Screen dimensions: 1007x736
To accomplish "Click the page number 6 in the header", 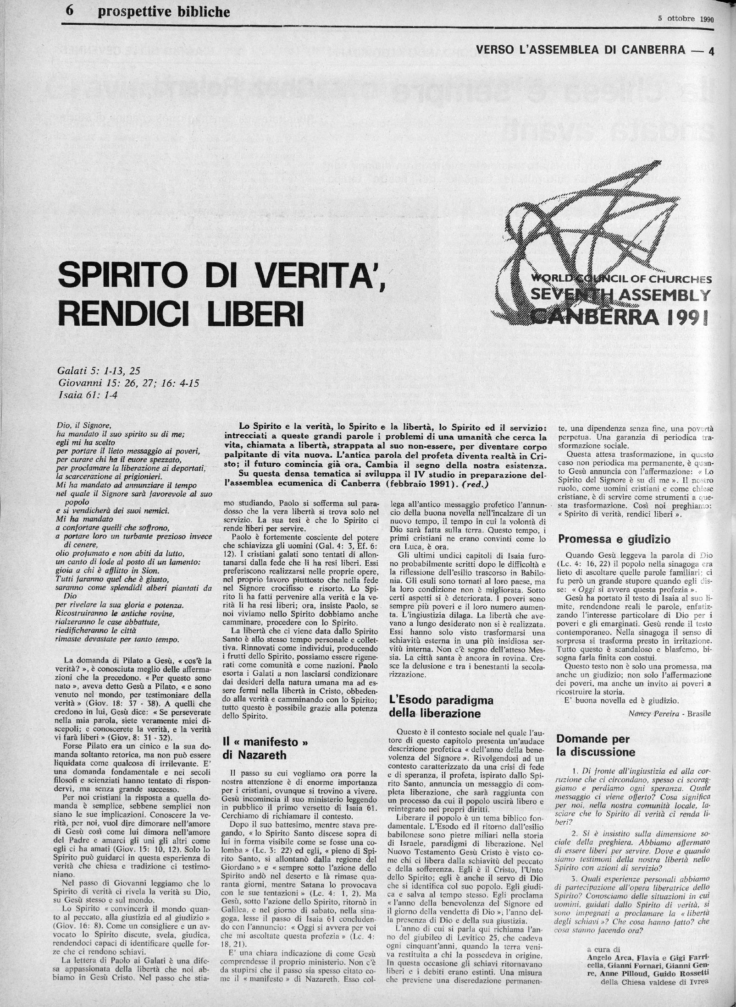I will (70, 12).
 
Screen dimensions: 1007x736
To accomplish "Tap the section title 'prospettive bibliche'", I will (164, 12).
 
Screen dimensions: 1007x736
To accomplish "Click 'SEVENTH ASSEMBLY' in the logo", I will (620, 296).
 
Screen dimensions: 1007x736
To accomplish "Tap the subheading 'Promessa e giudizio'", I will (608, 539).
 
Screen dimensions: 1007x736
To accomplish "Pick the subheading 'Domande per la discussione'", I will (596, 745).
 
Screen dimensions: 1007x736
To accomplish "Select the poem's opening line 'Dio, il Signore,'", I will (83, 425).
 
